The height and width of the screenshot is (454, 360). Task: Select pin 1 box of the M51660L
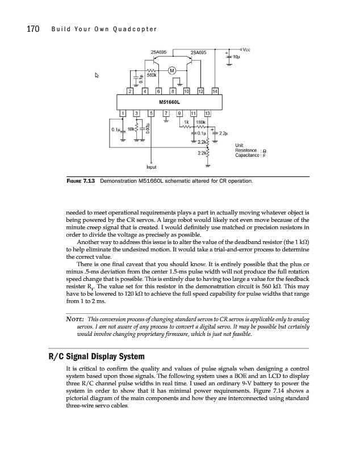click(x=123, y=113)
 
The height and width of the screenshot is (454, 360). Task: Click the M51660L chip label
click(x=170, y=102)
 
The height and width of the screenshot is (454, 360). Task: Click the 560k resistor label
click(x=152, y=74)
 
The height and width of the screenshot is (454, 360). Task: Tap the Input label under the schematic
click(x=151, y=167)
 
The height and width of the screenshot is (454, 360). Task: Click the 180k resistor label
click(x=200, y=122)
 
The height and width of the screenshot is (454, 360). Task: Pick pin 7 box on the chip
click(x=165, y=113)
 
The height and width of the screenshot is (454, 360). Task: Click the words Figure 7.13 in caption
click(x=81, y=182)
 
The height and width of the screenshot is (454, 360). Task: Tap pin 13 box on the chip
click(x=207, y=113)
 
